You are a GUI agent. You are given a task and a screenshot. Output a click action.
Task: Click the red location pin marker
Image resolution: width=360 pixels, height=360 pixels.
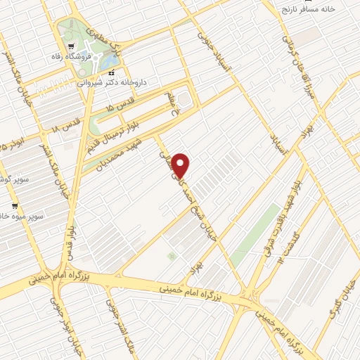(181, 165)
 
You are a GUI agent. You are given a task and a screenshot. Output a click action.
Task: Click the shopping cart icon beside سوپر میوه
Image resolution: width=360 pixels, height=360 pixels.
(15, 207)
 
